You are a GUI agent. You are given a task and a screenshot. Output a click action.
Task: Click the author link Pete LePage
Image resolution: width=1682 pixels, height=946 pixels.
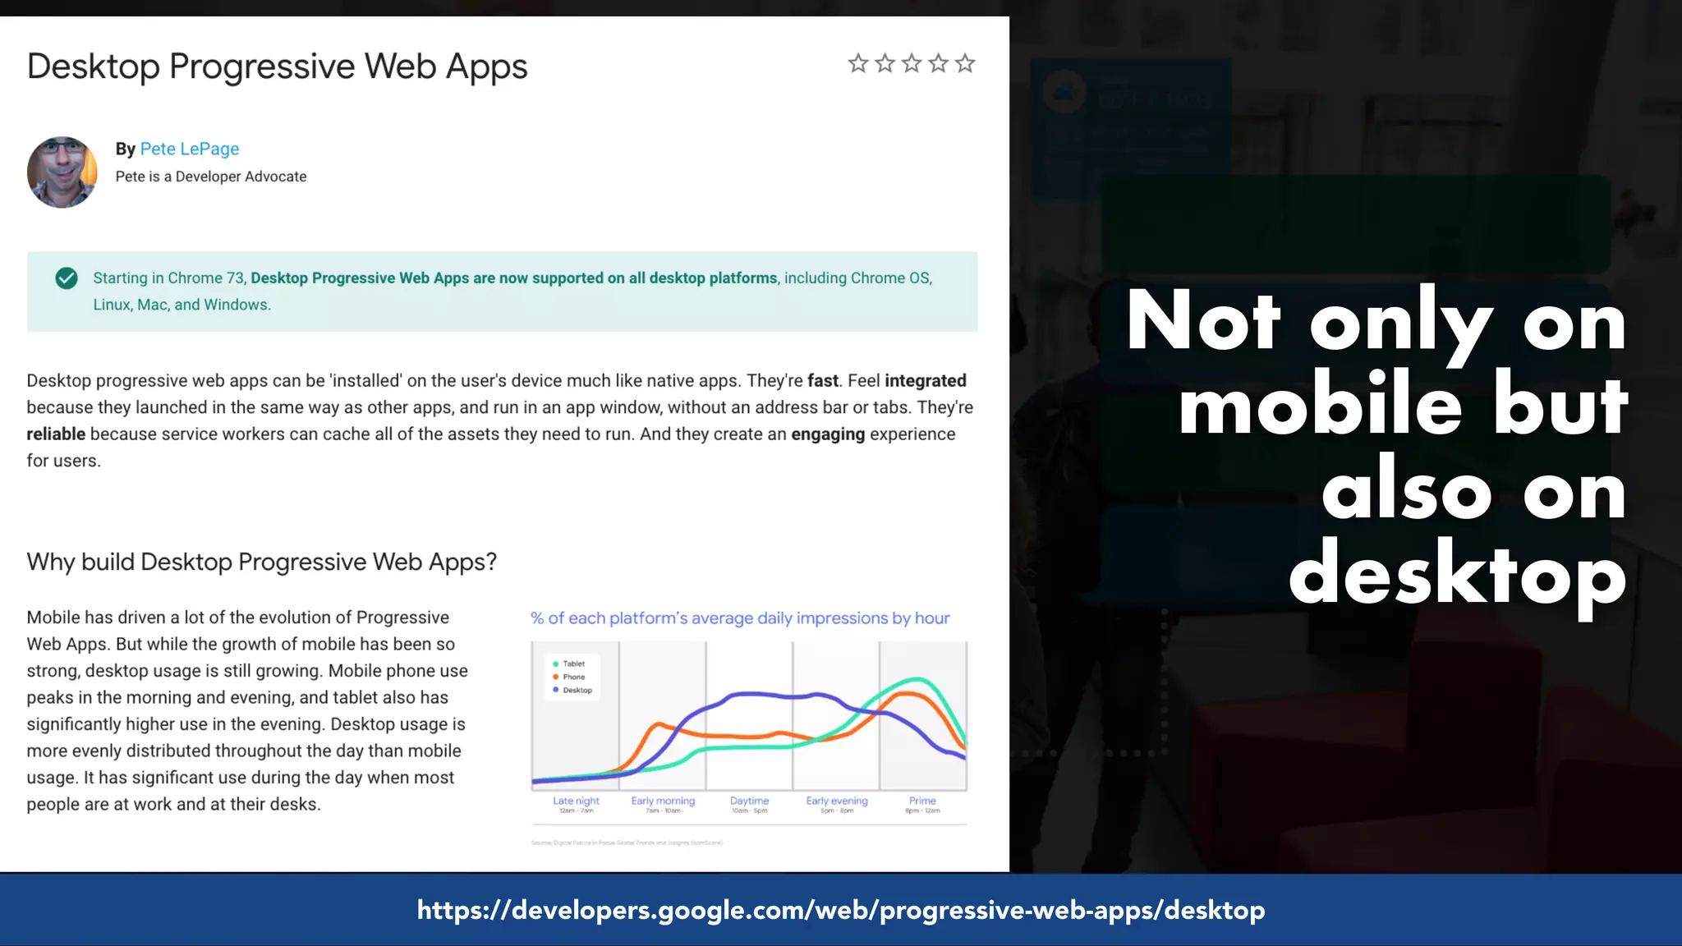click(189, 149)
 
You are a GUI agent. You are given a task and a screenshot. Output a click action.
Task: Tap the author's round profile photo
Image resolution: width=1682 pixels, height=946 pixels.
click(62, 172)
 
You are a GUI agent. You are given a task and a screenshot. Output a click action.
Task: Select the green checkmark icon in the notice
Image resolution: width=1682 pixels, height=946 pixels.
click(67, 278)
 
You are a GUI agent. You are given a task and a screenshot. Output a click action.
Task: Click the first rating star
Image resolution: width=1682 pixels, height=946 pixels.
click(857, 63)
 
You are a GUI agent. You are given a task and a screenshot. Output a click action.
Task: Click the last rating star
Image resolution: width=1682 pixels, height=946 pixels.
click(965, 63)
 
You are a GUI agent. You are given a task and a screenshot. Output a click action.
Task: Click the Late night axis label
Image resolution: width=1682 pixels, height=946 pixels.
click(576, 801)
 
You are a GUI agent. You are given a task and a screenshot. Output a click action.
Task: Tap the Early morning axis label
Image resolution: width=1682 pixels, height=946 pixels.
click(663, 801)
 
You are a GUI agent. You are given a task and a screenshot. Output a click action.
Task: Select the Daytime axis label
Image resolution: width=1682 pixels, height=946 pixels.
click(749, 801)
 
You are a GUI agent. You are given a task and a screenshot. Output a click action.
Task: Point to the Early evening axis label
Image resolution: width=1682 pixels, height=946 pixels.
click(836, 801)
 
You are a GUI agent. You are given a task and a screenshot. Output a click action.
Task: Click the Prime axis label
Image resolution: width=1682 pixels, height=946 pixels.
click(922, 801)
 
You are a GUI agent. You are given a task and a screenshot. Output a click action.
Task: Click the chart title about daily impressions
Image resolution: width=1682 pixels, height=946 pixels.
click(740, 618)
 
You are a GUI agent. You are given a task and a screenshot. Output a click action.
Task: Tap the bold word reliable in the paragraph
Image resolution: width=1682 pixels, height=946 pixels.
click(56, 434)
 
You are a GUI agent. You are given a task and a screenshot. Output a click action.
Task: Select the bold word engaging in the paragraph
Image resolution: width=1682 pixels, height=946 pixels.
click(828, 434)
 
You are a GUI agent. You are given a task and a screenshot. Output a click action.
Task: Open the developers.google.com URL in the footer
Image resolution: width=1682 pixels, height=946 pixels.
click(841, 910)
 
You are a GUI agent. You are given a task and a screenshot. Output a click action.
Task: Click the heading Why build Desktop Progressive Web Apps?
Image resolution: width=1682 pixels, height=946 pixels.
click(262, 562)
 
